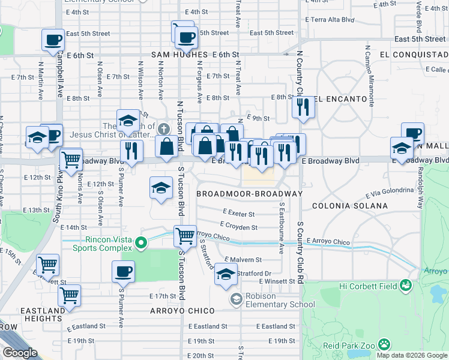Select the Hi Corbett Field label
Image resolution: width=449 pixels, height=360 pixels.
[x=369, y=286]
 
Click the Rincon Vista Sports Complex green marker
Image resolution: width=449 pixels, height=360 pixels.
[x=141, y=243]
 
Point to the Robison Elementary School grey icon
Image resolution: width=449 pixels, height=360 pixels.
[x=237, y=299]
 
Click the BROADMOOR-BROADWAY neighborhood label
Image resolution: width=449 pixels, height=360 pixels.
[x=249, y=194]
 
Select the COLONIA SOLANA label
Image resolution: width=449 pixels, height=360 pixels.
[x=349, y=206]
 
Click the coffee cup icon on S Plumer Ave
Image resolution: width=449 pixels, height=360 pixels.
[x=123, y=271]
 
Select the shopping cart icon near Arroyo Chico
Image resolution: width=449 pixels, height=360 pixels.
[x=185, y=236]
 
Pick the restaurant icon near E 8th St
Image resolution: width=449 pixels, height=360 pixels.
[x=303, y=107]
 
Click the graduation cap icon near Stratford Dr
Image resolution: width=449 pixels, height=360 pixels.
[x=225, y=274]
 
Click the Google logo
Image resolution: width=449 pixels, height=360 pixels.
[x=20, y=353]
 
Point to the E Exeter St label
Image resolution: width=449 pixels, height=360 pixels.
[x=238, y=213]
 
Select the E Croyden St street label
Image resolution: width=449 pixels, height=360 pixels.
[x=238, y=227]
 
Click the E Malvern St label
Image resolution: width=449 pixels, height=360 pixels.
[x=243, y=260]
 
